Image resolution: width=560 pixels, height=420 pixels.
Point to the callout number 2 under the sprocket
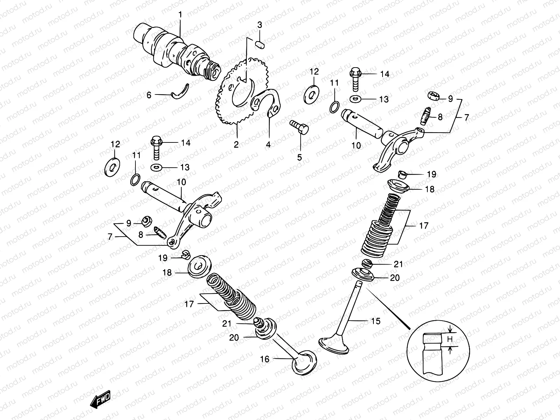236,144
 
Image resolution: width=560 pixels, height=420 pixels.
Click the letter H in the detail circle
450,339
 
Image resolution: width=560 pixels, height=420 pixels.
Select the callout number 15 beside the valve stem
375,321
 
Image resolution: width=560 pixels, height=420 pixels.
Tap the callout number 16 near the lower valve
265,359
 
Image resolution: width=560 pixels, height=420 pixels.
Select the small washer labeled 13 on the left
156,167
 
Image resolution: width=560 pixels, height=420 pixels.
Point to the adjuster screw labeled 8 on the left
160,232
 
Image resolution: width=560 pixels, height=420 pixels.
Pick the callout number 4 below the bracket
268,144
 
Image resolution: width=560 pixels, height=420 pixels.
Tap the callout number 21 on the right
399,264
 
